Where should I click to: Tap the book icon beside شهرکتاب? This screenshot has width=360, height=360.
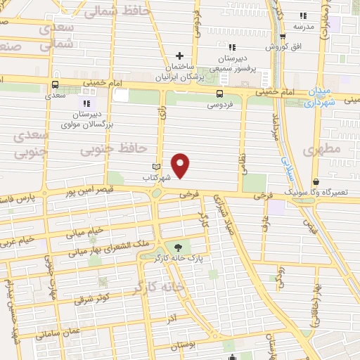click(x=157, y=167)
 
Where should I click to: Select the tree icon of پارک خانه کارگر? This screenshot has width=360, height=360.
click(x=177, y=247)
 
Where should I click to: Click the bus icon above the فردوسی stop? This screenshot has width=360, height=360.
click(x=220, y=94)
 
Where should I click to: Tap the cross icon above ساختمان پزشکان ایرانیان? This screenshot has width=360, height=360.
click(x=180, y=56)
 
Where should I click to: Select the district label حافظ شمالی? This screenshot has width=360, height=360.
click(x=111, y=11)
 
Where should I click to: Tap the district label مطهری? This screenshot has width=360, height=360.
click(x=322, y=150)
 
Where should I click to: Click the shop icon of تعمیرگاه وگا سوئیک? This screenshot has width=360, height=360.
click(x=316, y=180)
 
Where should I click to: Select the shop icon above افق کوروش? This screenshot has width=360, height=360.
click(x=283, y=37)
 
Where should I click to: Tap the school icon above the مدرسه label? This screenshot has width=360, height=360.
click(x=303, y=15)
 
